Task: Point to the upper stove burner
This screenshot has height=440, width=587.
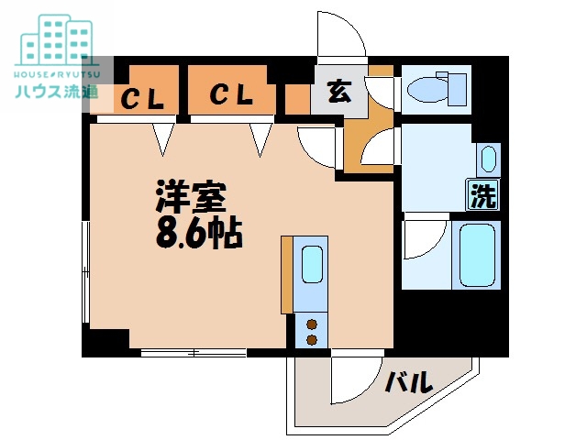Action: (312, 324)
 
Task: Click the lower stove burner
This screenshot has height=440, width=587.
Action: (312, 340)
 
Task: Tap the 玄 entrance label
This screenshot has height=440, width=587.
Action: (338, 92)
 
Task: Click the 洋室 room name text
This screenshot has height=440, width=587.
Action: (190, 197)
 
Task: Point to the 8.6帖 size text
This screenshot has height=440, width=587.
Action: (197, 235)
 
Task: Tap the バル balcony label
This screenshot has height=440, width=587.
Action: (407, 381)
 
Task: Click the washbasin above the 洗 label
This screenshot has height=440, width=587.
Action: (487, 159)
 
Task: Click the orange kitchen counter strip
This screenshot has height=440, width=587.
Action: (287, 275)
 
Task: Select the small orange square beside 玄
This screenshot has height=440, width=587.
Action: (296, 98)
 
